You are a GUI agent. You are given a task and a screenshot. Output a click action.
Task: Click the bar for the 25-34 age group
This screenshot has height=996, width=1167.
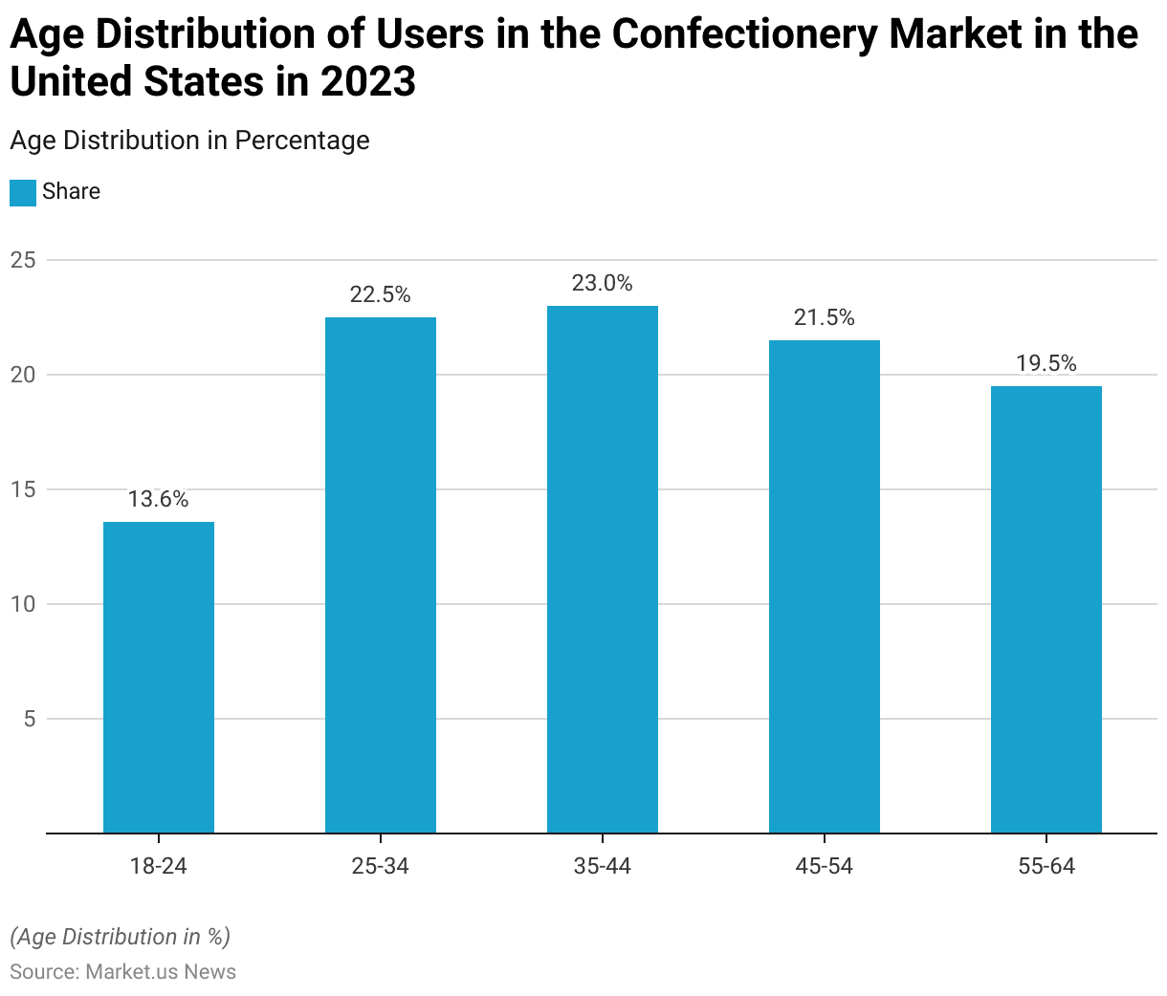coord(381,574)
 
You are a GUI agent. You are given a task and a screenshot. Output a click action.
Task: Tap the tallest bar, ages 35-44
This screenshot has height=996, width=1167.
coord(603,569)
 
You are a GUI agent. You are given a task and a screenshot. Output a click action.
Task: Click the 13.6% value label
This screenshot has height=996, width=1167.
coord(159,499)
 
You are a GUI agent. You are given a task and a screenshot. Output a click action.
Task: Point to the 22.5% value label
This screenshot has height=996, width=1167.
coord(381,294)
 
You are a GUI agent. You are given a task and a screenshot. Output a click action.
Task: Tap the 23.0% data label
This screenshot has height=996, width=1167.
coord(603,283)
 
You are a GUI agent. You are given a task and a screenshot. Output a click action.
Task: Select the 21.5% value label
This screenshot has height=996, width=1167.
coord(825,317)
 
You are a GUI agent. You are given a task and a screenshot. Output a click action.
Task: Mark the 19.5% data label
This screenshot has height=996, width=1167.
coord(1046,363)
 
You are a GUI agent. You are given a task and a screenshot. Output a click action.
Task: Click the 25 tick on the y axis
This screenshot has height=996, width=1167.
coord(23,260)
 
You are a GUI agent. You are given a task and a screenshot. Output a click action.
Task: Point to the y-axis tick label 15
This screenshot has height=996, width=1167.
coord(23,489)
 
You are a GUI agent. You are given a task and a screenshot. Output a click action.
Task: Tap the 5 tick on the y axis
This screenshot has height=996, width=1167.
coord(29,719)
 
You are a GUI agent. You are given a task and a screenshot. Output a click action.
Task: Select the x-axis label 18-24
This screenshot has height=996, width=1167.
coord(159,866)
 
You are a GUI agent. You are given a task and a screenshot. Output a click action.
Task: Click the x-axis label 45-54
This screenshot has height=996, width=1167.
coord(825,866)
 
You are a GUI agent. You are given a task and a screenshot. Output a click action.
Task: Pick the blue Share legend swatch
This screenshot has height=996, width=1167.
coord(23,192)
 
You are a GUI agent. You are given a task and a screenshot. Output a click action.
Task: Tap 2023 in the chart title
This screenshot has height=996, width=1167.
coord(368,82)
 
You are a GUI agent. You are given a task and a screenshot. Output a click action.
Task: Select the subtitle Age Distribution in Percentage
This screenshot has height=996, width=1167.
coord(189,140)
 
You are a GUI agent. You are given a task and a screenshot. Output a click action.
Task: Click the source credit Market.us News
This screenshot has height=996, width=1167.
coord(161,972)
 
